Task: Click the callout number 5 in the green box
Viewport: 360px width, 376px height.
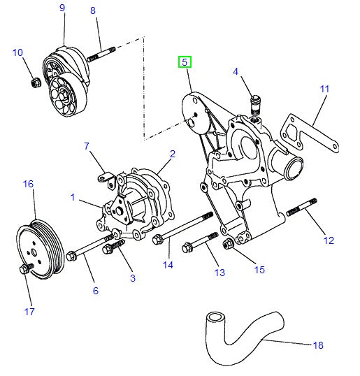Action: (185, 62)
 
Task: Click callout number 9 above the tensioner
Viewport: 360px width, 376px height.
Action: (62, 8)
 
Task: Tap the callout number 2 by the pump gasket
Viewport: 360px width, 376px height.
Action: (172, 153)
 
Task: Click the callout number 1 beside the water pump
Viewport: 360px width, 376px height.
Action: (72, 198)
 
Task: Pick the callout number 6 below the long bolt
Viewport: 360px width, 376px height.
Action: (95, 291)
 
